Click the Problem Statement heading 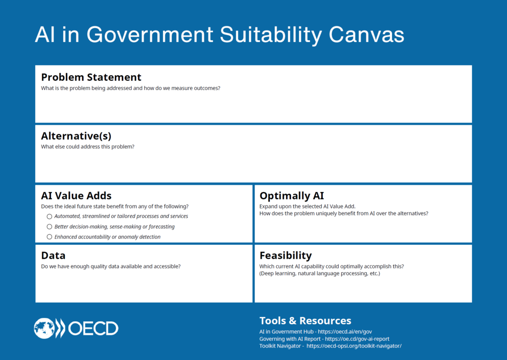click(91, 77)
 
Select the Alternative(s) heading click(76, 136)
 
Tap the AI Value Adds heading click(76, 196)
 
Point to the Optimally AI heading click(292, 196)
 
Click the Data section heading click(53, 256)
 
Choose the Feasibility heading click(286, 256)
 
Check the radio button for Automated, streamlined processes click(50, 216)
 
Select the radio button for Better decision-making click(50, 227)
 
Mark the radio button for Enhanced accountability click(50, 237)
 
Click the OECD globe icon click(44, 328)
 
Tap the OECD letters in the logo click(93, 329)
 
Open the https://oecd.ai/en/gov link click(345, 332)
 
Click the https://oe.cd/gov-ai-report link click(357, 339)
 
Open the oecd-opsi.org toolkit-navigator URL click(354, 346)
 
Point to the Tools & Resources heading click(305, 320)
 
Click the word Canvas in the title click(366, 35)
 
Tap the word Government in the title click(150, 35)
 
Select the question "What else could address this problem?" click(88, 147)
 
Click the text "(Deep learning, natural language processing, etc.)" click(320, 274)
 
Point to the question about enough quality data click(111, 266)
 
